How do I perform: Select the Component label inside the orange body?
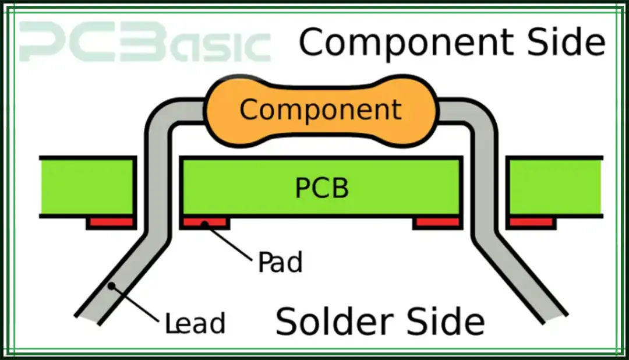pyautogui.click(x=321, y=109)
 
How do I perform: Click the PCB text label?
pyautogui.click(x=322, y=188)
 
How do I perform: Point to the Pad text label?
pyautogui.click(x=280, y=263)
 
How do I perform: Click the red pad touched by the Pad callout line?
pyautogui.click(x=204, y=222)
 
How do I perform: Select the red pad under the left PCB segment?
pyautogui.click(x=110, y=222)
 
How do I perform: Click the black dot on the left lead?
pyautogui.click(x=111, y=286)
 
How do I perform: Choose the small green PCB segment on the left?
pyautogui.click(x=87, y=186)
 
